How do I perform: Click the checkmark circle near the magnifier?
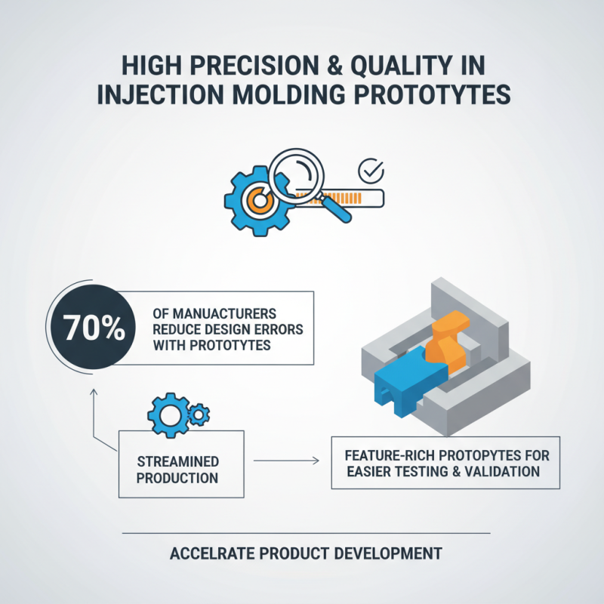tap(370, 172)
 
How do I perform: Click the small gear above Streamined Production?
tap(199, 413)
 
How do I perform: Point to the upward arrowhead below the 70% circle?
tap(93, 393)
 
